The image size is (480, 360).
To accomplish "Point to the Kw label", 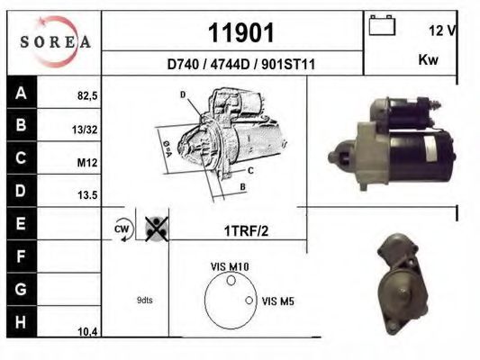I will coord(429,60).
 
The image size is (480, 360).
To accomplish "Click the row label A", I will coord(21,92).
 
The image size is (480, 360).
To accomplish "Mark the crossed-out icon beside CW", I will coord(156,229).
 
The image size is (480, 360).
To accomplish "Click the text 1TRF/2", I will coord(246,230).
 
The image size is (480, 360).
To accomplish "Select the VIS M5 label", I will coord(276,301).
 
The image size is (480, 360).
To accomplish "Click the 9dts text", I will coord(145,300).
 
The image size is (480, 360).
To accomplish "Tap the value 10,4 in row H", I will coord(87,331).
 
